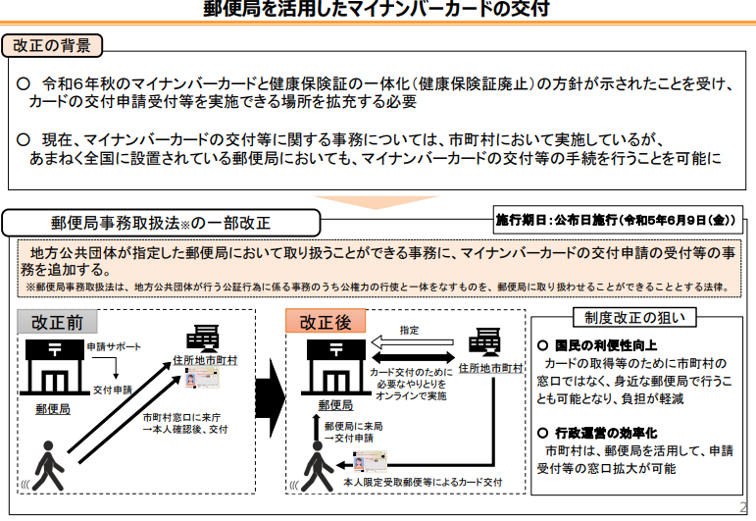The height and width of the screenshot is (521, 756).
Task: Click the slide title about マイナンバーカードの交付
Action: coord(377,9)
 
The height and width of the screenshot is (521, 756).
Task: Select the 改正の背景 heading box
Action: coord(52,46)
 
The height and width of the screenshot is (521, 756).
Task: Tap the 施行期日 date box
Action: coord(618,220)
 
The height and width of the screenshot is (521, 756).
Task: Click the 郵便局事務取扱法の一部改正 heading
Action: coord(161,223)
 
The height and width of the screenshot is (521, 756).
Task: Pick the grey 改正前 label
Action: coord(57,322)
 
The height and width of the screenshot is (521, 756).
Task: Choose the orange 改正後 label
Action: coord(326,321)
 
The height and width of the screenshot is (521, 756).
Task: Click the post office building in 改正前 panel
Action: coord(55,368)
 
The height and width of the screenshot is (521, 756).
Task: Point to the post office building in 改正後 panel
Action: coord(336,368)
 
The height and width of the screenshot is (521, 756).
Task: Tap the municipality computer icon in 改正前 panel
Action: coord(203,339)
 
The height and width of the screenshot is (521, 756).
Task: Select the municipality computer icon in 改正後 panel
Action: coord(484,342)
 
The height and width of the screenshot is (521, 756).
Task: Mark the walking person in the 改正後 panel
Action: coord(318,466)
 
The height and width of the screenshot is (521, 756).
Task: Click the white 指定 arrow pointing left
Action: coord(412,342)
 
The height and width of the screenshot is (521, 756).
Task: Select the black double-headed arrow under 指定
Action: coord(414,357)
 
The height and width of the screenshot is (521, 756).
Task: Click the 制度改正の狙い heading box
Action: coord(634,318)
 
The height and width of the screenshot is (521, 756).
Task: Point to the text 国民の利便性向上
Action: coord(606,345)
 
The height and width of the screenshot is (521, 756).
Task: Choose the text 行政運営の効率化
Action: coord(606,433)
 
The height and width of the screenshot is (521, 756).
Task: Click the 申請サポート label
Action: coord(115,347)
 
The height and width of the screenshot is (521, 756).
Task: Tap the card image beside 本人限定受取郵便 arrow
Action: coord(370,461)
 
